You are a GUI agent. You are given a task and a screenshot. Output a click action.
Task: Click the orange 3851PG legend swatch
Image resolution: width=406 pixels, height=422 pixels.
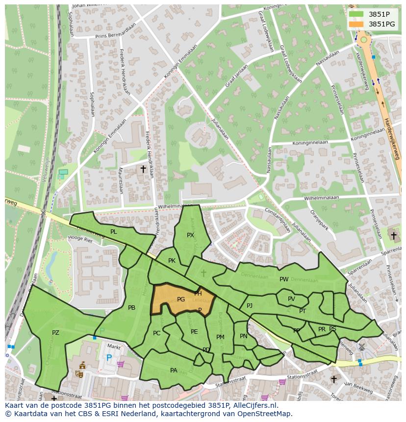point(357,24)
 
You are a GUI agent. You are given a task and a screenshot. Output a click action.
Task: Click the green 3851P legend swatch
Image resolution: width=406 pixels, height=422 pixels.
point(357,14)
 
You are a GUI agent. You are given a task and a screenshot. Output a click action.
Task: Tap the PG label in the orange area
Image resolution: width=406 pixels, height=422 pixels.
point(181,299)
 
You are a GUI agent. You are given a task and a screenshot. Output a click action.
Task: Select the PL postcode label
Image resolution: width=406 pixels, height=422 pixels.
point(114,232)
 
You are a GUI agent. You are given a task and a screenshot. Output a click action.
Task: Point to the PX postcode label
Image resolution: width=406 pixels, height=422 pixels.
point(191,235)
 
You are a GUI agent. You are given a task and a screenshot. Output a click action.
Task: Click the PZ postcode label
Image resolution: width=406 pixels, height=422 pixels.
point(55,333)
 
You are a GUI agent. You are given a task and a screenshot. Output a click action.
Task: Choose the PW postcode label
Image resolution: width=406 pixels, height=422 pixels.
point(284,279)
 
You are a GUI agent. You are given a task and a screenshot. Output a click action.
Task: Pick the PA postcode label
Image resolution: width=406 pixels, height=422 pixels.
point(174,371)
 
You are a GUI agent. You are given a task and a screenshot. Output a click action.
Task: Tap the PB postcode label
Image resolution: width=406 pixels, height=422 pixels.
point(131,308)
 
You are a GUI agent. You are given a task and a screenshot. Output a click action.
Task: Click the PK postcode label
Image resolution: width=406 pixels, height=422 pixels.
point(172,261)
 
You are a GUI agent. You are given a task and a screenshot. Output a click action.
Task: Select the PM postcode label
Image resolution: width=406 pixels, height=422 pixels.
point(220,337)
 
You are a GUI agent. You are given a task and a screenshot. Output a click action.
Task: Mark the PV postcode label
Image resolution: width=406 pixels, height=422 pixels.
point(291,299)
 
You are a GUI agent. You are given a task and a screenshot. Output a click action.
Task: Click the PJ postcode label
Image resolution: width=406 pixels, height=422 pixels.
point(250,306)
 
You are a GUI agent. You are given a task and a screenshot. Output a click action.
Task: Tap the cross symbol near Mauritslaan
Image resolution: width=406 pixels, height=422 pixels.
point(143,169)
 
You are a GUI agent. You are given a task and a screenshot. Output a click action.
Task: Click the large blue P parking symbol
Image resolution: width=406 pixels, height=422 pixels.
point(109,358)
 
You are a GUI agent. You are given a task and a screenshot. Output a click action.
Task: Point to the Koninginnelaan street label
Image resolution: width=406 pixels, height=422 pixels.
point(310,143)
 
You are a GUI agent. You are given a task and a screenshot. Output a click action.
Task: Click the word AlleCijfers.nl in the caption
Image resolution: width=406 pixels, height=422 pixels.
point(254,406)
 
